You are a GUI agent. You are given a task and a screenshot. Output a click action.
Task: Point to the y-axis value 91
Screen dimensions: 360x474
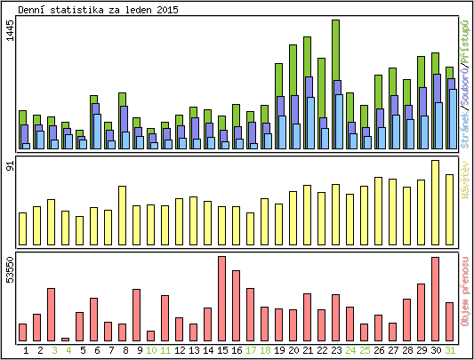[10, 168]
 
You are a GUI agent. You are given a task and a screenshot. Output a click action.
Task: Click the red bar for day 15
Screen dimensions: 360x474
[221, 299]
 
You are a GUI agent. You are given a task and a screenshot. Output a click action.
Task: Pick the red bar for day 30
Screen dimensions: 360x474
[436, 299]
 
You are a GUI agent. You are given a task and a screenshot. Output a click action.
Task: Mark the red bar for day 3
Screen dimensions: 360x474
[51, 315]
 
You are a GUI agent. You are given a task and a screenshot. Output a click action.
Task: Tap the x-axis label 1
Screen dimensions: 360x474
[23, 351]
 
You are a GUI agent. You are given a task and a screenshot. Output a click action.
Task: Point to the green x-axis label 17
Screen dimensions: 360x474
[250, 351]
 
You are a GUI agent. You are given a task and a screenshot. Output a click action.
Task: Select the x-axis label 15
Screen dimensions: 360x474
[221, 351]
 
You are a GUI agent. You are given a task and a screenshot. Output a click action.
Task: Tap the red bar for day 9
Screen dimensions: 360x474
[136, 315]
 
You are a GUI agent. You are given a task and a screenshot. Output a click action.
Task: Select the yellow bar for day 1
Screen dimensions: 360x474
[22, 228]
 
